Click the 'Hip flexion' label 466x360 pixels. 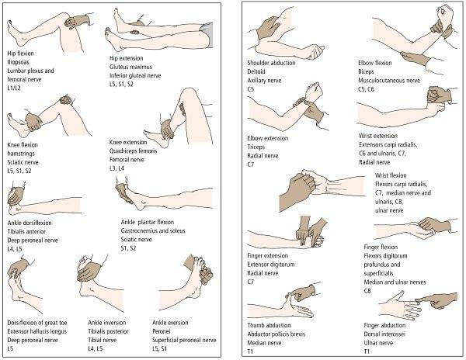20,54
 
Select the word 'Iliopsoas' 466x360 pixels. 18,62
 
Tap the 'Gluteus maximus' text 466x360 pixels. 130,67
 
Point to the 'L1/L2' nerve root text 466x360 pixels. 14,88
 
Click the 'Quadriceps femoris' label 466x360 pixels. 133,151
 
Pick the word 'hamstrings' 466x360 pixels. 21,154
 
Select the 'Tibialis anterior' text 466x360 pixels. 26,231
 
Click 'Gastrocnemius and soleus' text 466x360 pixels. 153,230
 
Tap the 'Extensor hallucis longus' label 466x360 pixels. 37,331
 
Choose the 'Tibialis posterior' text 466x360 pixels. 108,331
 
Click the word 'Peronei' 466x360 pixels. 161,331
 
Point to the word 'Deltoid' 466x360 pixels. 256,71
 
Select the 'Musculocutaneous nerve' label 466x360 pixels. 389,81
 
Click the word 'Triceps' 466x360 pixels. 256,147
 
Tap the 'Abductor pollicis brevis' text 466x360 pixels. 276,334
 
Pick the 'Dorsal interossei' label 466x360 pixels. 384,334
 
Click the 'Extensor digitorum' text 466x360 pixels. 271,265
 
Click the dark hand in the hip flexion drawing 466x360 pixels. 77,22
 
